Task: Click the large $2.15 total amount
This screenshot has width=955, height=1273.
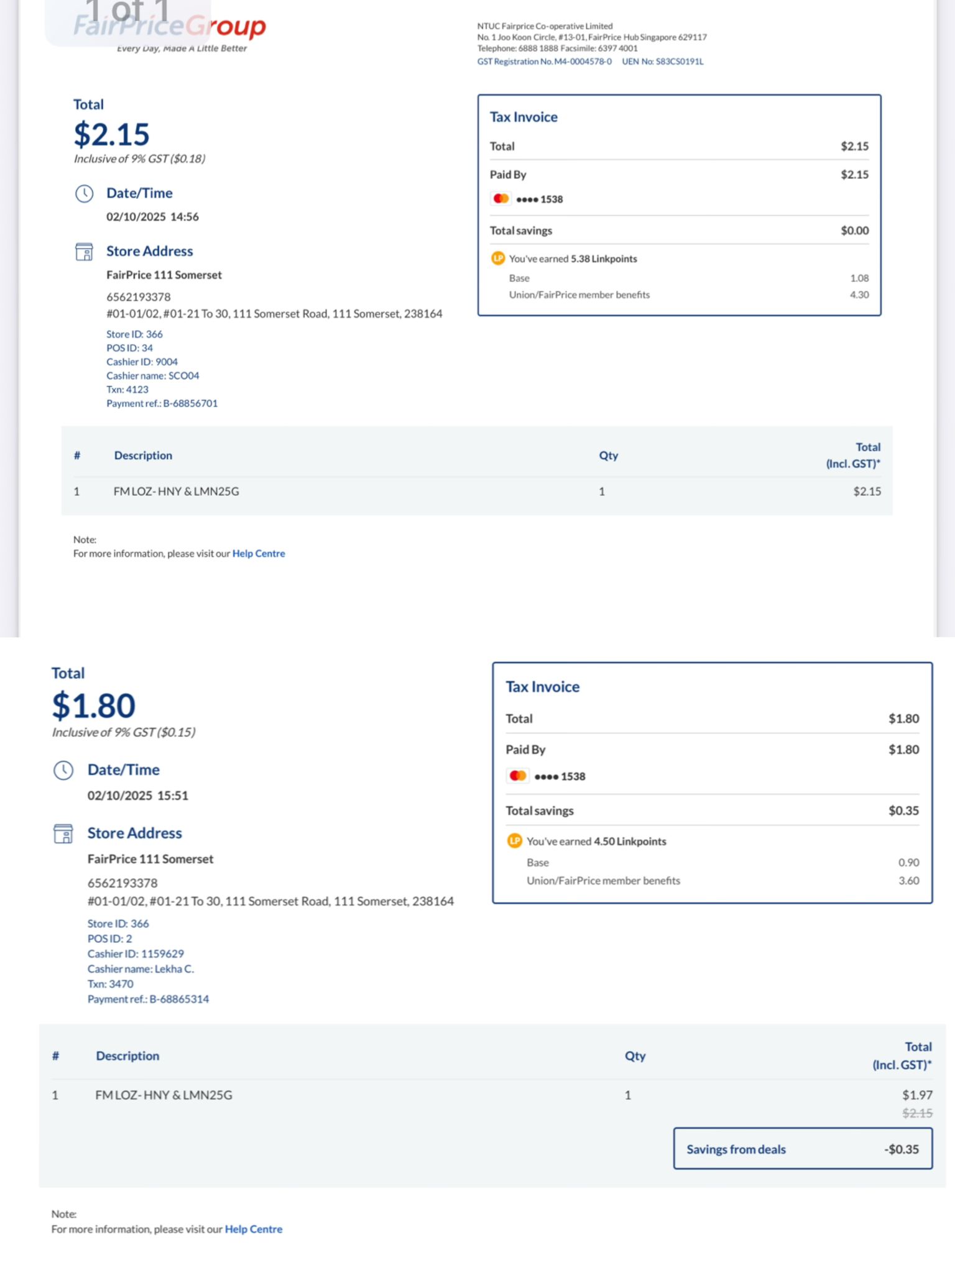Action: [x=111, y=134]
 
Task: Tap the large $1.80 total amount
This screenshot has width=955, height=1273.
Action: [x=93, y=705]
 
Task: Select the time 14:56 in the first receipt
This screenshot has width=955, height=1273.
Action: [x=185, y=217]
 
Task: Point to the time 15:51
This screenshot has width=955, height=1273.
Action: [x=173, y=796]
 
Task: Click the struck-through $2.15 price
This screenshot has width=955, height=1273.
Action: [x=917, y=1113]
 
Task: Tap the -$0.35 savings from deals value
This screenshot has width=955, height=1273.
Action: [x=902, y=1149]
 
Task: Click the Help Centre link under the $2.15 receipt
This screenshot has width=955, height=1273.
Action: [x=259, y=554]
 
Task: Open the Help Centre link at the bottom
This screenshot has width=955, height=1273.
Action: [x=254, y=1229]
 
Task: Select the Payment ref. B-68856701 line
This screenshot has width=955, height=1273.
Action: [x=162, y=403]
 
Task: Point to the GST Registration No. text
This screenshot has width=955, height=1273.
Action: [x=545, y=62]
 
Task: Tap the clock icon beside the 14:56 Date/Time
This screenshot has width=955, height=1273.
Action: [x=84, y=194]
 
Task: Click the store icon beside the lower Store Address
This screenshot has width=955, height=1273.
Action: [x=63, y=834]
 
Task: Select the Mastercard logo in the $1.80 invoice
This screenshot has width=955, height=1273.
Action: [x=518, y=776]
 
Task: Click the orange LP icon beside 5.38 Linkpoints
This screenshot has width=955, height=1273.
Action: [x=498, y=259]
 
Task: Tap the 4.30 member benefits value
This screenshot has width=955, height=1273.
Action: [x=859, y=295]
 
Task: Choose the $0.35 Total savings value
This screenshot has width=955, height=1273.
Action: [x=903, y=811]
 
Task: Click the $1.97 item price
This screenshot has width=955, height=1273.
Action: [x=917, y=1095]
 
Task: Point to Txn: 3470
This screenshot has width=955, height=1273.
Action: [x=111, y=984]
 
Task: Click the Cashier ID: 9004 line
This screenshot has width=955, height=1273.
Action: [x=142, y=362]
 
